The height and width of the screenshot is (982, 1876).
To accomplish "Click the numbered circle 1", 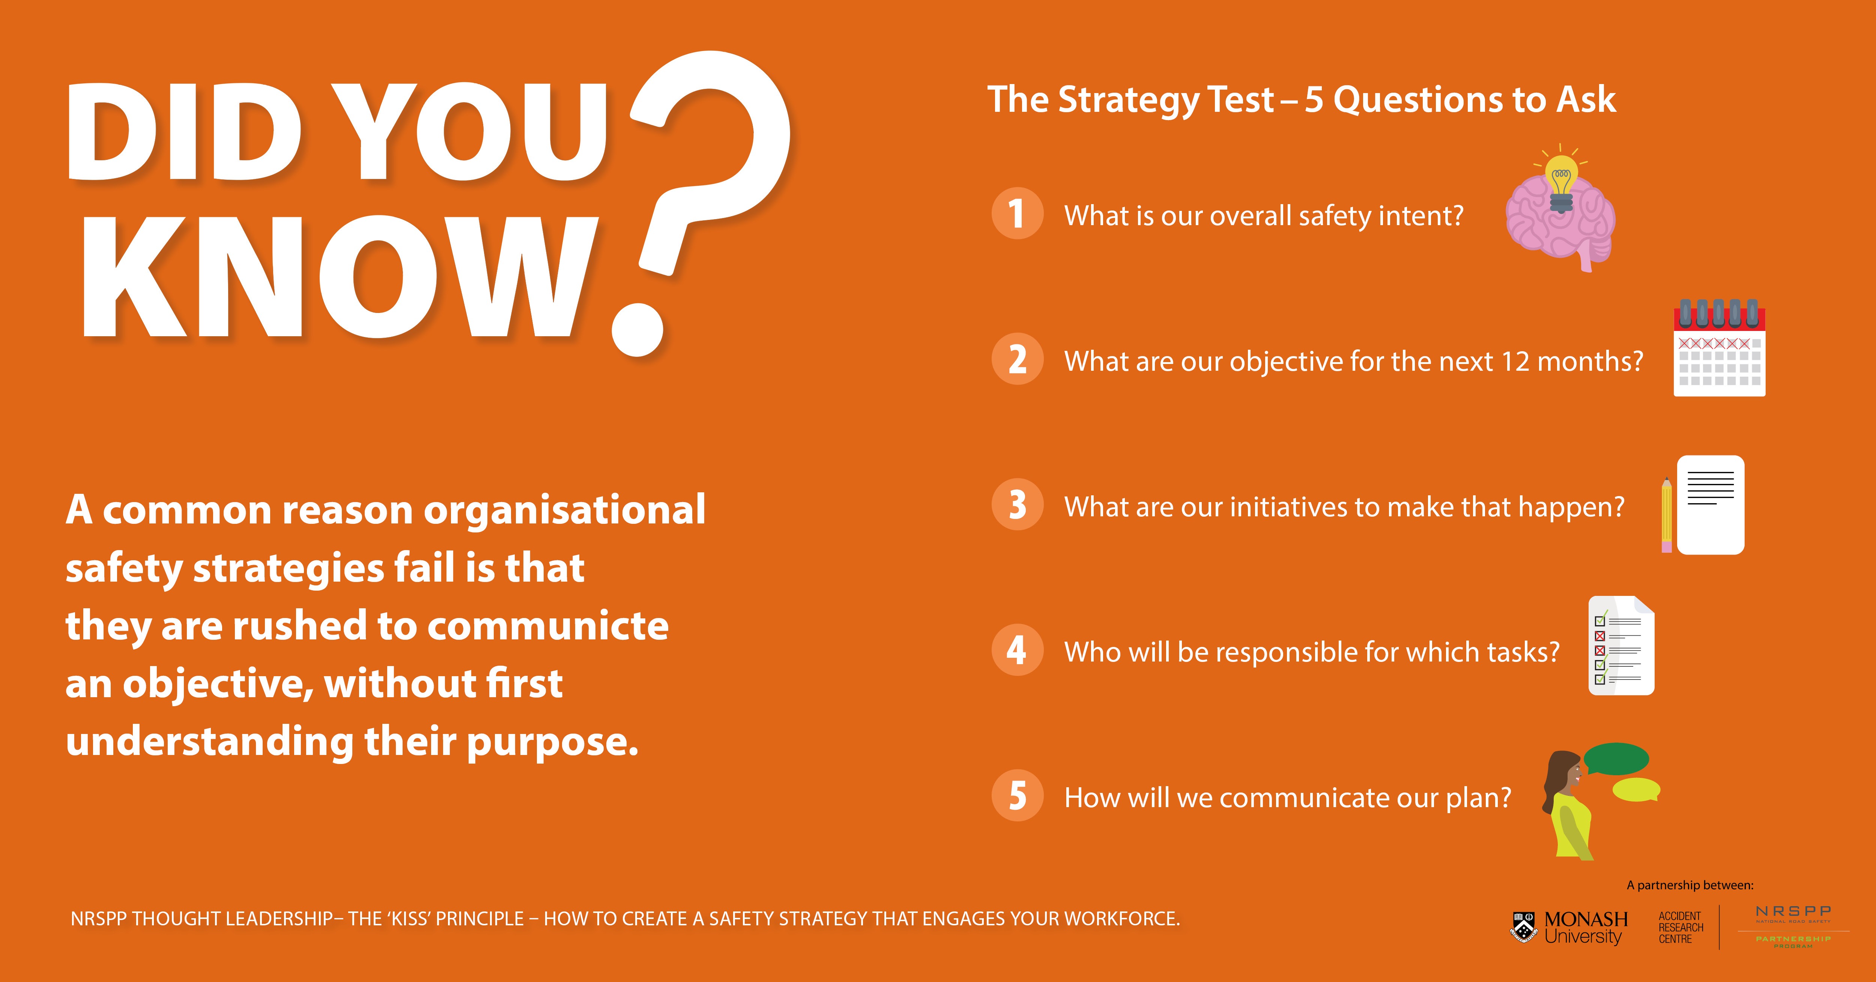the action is tap(1018, 214).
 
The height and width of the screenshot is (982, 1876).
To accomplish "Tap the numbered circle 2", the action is tap(1018, 358).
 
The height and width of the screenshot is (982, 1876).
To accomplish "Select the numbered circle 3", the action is tap(1018, 504).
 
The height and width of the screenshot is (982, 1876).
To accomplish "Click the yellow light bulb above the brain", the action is tap(1561, 182).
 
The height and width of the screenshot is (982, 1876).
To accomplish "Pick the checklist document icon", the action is tap(1621, 645).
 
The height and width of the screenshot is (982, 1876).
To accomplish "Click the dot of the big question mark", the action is tap(638, 330).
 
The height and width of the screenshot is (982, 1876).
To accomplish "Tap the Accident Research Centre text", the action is tap(1681, 927).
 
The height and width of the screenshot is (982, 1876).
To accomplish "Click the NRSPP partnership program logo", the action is tap(1793, 926).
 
